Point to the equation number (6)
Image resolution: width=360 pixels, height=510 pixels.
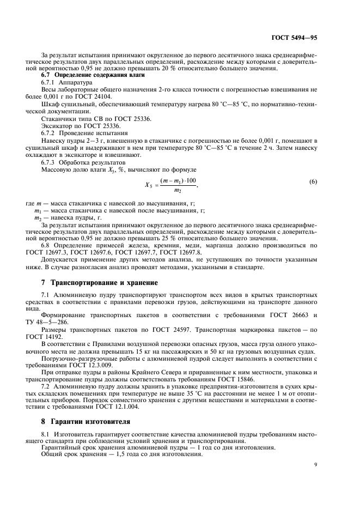313,181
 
